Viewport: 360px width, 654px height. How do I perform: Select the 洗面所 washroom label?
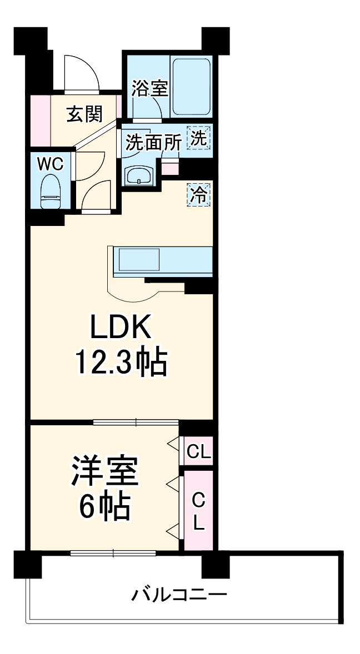coord(153,143)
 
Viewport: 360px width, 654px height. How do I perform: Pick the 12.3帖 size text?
coord(121,363)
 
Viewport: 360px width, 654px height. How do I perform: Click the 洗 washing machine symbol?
coord(199,138)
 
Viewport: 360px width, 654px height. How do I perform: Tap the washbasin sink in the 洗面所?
coord(139,177)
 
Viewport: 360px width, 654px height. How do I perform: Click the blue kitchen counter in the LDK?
coord(163,260)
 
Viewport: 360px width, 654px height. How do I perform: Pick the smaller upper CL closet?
coord(199,452)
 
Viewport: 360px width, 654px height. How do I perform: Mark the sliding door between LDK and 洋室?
coord(136,422)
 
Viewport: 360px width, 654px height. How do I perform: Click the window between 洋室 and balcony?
coord(113,552)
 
